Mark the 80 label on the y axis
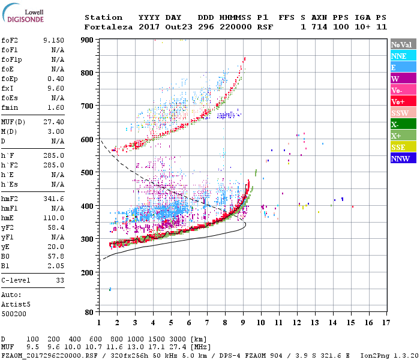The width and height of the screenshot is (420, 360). [89, 313]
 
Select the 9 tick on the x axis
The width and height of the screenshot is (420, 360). [243, 323]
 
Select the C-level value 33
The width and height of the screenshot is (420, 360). [60, 280]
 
